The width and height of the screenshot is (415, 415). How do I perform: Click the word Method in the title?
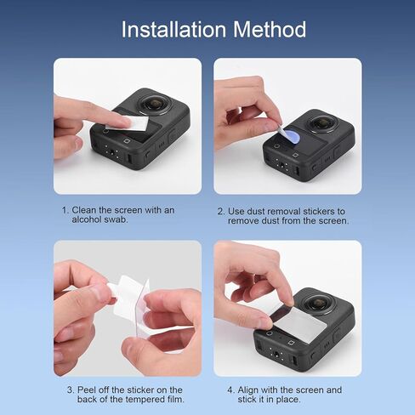point(270,29)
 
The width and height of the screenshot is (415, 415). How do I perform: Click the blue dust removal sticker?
point(292,135)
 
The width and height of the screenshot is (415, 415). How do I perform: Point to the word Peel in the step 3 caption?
point(86,390)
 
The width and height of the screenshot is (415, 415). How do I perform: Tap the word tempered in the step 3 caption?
point(145,400)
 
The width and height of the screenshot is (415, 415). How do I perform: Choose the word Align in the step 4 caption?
point(247,390)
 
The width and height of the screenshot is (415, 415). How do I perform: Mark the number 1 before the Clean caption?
point(65,210)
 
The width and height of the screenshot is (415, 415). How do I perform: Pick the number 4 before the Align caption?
point(230,390)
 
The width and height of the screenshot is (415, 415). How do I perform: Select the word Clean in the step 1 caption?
point(84,210)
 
